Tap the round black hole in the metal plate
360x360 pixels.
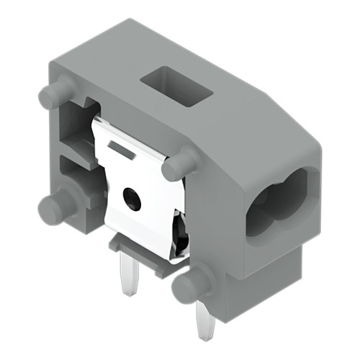tap(131, 197)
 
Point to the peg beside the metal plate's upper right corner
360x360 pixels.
tap(179, 166)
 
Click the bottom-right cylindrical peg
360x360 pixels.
tap(186, 286)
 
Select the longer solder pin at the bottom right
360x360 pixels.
tap(204, 320)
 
